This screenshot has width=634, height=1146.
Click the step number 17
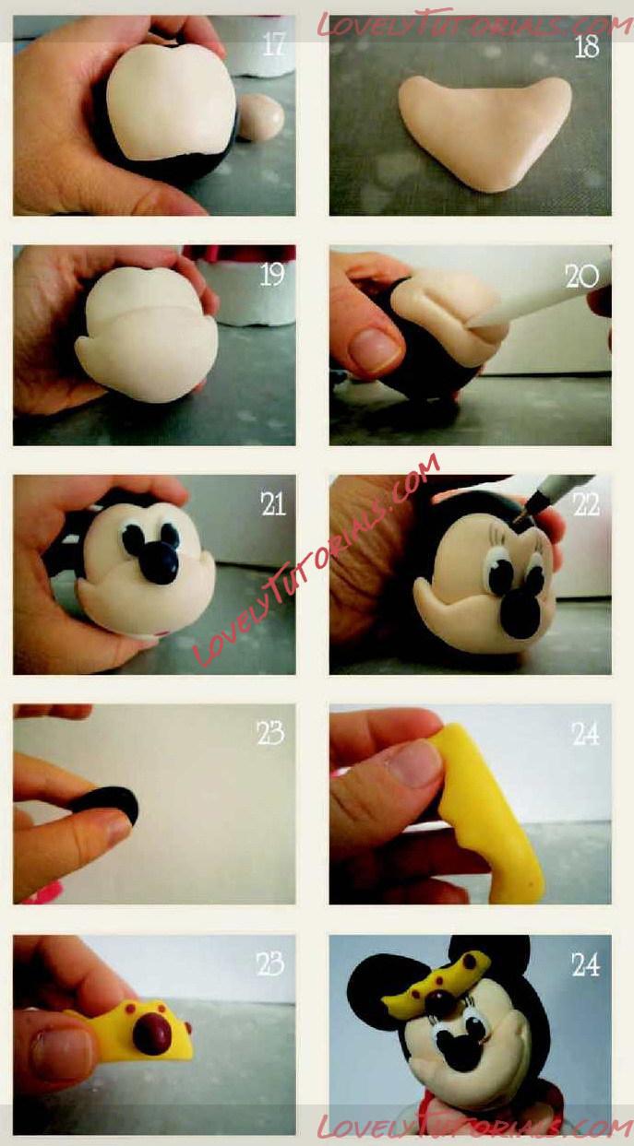(x=274, y=44)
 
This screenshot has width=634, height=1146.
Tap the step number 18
(x=587, y=46)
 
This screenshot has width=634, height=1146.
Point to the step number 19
(x=272, y=275)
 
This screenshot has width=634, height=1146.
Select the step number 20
(x=581, y=277)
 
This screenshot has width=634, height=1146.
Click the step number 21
(x=273, y=504)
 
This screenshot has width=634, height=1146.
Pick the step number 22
(x=586, y=505)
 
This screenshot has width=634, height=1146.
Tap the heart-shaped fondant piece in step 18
(x=484, y=133)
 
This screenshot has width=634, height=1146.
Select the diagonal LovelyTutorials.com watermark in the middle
(x=317, y=561)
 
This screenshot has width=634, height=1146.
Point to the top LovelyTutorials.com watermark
(x=473, y=22)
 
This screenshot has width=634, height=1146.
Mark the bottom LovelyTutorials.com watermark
(x=473, y=1126)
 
